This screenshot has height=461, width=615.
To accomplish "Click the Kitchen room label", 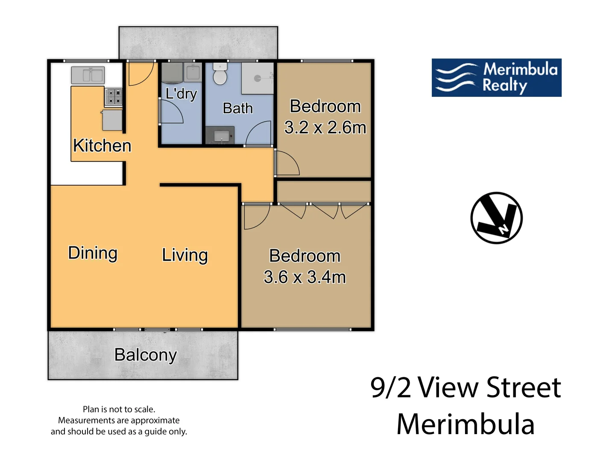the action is (102, 146).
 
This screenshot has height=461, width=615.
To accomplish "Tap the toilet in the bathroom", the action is (220, 73).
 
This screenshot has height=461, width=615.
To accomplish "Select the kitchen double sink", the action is (88, 75).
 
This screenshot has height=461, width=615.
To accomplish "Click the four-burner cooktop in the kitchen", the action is (114, 96).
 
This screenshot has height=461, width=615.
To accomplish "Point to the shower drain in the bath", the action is (258, 79).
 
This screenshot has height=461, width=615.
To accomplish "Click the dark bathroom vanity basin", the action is (220, 135).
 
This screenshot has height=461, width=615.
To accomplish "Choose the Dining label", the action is (93, 253).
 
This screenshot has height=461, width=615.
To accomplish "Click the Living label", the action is (185, 255).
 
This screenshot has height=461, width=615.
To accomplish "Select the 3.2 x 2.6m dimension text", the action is (325, 128).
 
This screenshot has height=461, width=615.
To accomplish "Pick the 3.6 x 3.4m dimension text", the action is (305, 277).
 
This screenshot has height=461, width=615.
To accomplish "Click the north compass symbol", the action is (496, 218).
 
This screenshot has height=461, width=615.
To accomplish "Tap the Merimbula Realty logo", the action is (496, 78).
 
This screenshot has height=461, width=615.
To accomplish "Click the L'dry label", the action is (181, 94).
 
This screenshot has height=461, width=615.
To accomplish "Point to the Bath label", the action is (237, 108).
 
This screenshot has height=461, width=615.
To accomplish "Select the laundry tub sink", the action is (193, 72).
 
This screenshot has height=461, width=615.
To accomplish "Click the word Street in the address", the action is (524, 388).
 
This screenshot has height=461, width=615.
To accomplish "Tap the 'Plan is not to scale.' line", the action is (119, 409).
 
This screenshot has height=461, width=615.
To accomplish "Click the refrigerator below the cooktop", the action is (112, 120).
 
